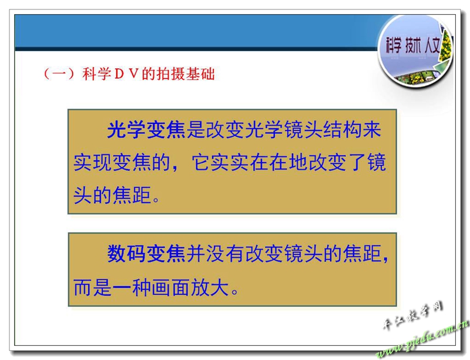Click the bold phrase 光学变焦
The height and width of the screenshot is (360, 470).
(x=146, y=130)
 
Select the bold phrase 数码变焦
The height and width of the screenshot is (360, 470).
(x=146, y=254)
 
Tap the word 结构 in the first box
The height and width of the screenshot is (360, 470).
(x=342, y=130)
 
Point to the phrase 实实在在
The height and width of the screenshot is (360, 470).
(x=250, y=163)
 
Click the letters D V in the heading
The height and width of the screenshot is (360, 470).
(x=125, y=74)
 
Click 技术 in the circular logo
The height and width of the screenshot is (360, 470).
(x=413, y=46)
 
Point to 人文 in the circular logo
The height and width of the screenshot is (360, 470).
(x=432, y=46)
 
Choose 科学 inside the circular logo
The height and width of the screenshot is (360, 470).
(x=394, y=46)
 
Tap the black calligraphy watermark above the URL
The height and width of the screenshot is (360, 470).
(x=413, y=315)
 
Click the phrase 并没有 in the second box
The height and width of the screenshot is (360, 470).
(x=215, y=254)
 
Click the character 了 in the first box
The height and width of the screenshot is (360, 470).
(x=358, y=163)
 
